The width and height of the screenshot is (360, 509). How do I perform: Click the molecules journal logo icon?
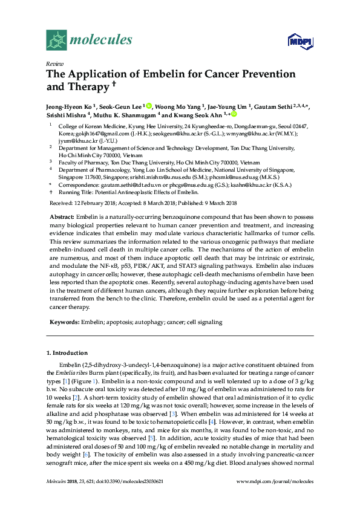click(x=56, y=40)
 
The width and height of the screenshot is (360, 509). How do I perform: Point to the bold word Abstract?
click(x=61, y=216)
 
